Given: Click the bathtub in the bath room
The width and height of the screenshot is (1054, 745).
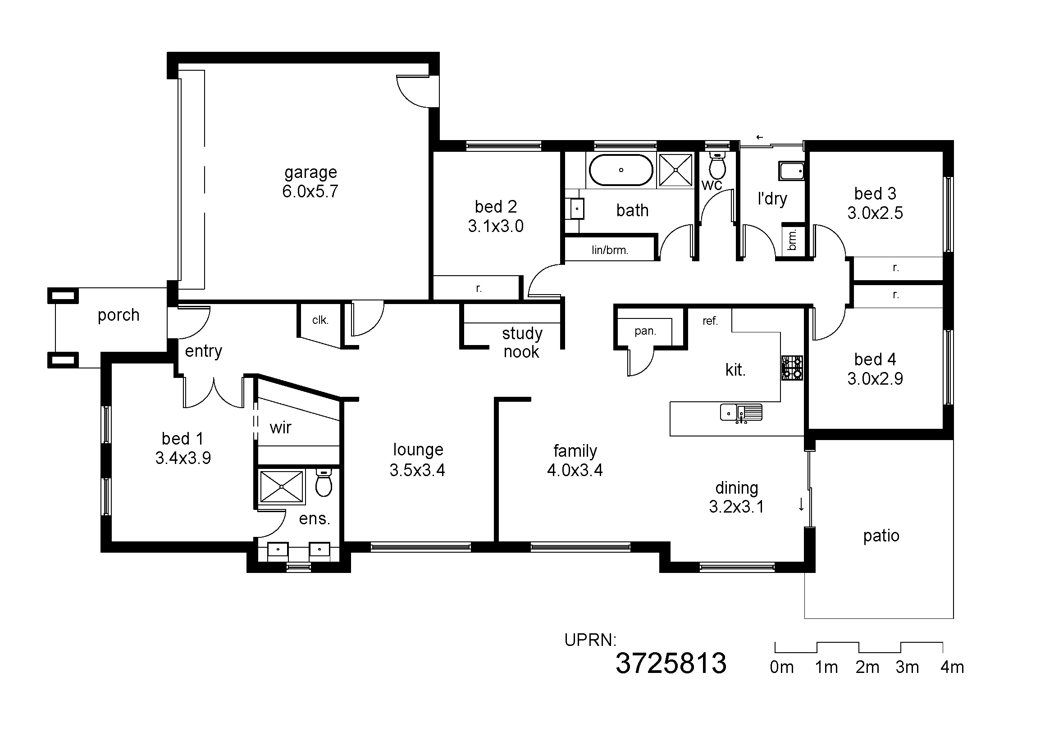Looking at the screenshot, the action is pos(621,170).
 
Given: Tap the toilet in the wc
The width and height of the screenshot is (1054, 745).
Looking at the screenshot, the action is pos(717,165).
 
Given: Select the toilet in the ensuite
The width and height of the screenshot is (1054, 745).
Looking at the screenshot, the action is pos(324,482).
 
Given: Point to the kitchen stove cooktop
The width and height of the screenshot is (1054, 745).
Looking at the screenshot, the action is pos(792,368).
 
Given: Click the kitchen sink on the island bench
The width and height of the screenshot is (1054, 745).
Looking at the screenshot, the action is pos(741,413).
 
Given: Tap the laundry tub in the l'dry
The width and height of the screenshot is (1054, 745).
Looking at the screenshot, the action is pos(791,171).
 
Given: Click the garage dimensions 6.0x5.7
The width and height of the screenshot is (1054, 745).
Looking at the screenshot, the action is pos(310,191).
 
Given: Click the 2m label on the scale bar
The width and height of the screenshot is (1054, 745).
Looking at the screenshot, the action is pos(867,667).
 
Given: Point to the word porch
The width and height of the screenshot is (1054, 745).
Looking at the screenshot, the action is pos(119,316).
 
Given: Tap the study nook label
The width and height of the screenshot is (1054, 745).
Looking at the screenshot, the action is pos(522,342).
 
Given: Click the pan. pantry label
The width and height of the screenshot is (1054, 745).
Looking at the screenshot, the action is pos(645,331).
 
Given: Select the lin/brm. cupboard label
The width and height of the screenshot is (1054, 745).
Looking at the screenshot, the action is pos(610,250).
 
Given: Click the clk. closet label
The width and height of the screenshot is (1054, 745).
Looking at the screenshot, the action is pos(320,320).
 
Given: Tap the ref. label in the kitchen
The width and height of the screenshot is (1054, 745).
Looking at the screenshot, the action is pos(710,321).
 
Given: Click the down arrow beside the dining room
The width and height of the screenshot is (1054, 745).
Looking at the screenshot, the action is pos(801,504).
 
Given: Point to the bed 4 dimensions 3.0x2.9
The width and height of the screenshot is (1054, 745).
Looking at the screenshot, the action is pos(875,379).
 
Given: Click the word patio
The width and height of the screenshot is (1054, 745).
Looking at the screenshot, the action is pos(881,536).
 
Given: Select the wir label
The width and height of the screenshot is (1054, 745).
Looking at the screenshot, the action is pos(280,427).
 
